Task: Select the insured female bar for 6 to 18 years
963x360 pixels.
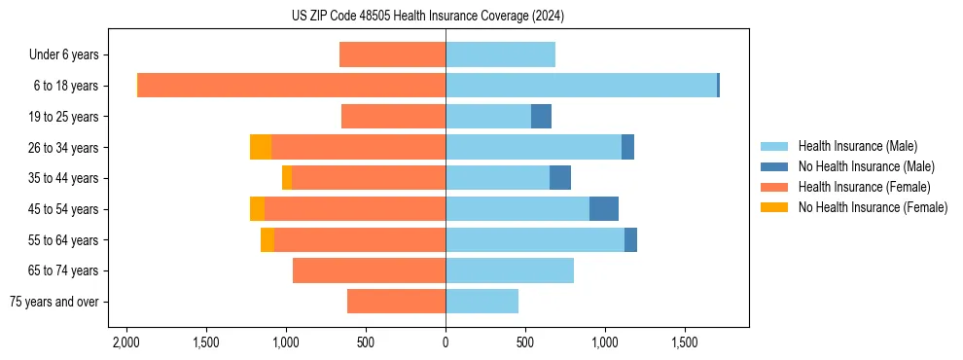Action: [292, 86]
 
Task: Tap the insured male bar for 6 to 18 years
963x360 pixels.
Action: [581, 86]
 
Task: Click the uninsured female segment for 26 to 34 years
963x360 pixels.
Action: [261, 147]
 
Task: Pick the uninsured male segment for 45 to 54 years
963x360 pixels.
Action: [604, 209]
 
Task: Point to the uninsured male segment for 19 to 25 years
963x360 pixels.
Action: [541, 117]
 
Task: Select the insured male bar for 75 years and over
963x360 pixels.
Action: [481, 302]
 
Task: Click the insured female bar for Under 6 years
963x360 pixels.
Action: [392, 54]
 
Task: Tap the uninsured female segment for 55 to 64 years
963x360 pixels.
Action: [267, 240]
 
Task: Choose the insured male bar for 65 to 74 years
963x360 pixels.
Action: [510, 270]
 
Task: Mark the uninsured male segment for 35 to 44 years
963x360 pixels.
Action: [560, 178]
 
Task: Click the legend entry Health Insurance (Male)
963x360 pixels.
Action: [857, 146]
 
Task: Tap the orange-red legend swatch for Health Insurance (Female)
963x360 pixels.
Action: [774, 187]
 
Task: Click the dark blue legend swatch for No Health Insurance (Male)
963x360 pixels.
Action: [774, 166]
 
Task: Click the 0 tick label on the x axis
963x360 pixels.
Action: [446, 343]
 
